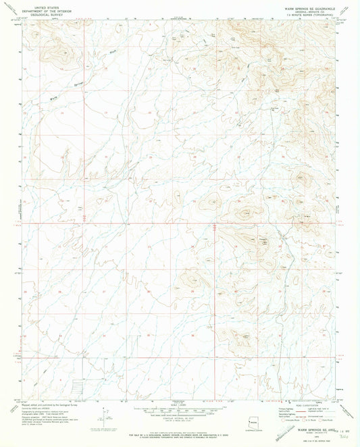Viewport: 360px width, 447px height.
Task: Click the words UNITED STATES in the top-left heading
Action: click(47, 5)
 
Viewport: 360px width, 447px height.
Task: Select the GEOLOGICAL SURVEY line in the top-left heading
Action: click(47, 12)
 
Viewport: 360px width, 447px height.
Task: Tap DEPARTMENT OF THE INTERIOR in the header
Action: click(47, 8)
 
